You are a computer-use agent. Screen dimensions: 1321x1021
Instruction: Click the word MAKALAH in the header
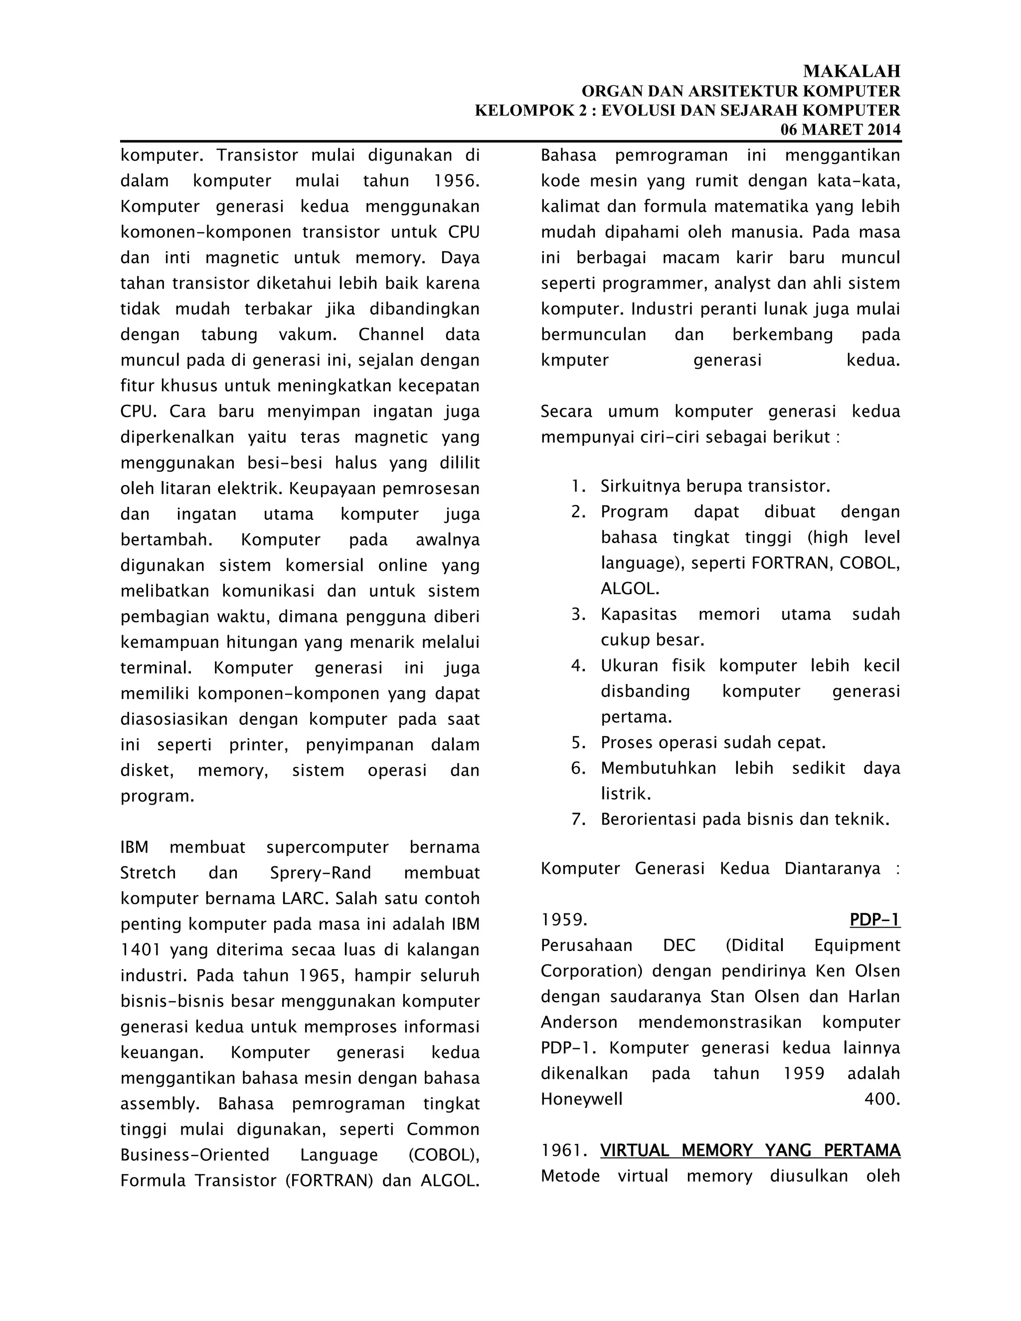[x=851, y=71]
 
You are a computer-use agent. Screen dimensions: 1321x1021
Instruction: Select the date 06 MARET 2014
[x=840, y=130]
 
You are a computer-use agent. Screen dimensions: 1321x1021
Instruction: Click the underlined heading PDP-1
[x=874, y=920]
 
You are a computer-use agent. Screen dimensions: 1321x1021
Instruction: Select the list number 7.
[x=578, y=820]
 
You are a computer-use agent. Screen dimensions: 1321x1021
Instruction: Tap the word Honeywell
[x=581, y=1099]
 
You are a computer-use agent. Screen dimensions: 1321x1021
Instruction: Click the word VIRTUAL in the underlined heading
[x=635, y=1151]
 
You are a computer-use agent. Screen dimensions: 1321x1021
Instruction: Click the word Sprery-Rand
[x=321, y=873]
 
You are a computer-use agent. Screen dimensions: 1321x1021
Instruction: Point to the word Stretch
[x=148, y=873]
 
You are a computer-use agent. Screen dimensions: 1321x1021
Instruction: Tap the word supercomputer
[x=327, y=847]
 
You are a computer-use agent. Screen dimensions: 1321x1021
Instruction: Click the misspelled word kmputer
[x=575, y=360]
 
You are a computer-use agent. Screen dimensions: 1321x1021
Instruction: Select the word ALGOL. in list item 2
[x=630, y=589]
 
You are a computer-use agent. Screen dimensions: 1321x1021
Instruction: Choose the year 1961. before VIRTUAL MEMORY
[x=564, y=1151]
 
